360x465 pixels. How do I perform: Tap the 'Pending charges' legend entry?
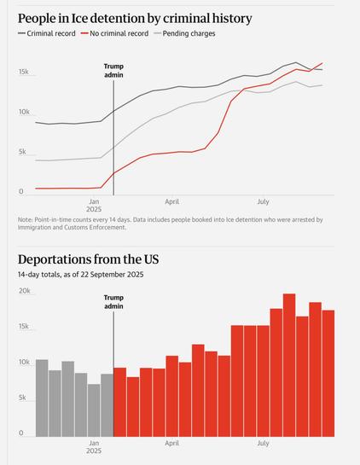click(x=183, y=33)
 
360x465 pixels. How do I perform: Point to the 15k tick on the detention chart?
click(x=24, y=73)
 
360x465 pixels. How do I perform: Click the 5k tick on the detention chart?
click(x=24, y=153)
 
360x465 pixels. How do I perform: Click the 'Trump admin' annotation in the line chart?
click(x=113, y=71)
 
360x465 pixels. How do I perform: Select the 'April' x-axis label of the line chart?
click(x=172, y=201)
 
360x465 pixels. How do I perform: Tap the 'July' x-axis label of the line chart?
click(x=263, y=201)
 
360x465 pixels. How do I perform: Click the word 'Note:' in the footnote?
click(x=26, y=219)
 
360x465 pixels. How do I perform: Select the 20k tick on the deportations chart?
click(x=25, y=291)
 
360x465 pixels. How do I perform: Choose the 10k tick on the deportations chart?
click(x=25, y=363)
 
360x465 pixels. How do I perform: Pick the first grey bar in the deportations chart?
click(x=42, y=398)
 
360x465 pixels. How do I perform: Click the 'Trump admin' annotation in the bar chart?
click(x=113, y=302)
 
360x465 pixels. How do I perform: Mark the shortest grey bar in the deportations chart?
click(x=94, y=410)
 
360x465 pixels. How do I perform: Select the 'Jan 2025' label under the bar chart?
click(x=94, y=448)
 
